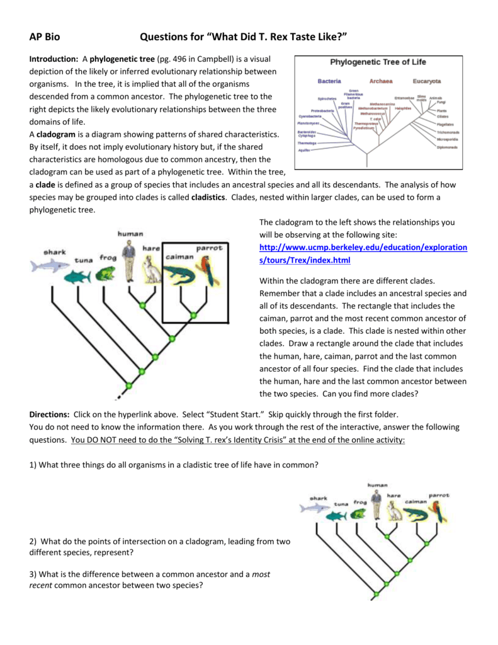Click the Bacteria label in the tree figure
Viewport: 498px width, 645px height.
coord(329,81)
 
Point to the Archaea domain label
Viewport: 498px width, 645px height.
coord(381,81)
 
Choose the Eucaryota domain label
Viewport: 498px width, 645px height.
coord(427,81)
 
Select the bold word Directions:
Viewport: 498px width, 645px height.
coord(50,414)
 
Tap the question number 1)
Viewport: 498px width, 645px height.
coord(34,465)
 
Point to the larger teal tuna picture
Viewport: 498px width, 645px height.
coord(80,276)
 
